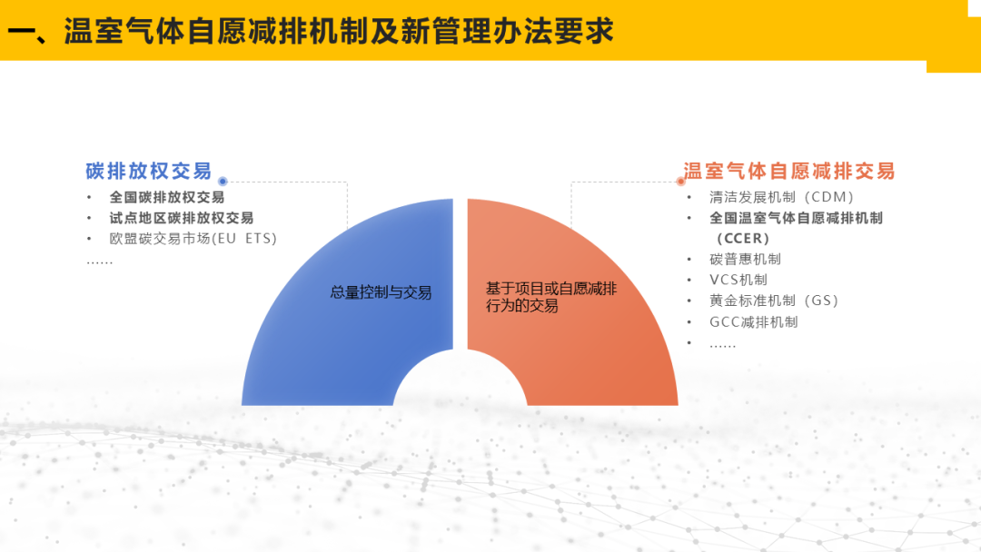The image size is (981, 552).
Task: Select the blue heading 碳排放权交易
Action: pyautogui.click(x=149, y=171)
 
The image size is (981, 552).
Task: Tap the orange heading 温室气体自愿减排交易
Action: pyautogui.click(x=789, y=171)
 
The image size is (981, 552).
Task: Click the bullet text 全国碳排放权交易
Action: pyautogui.click(x=167, y=198)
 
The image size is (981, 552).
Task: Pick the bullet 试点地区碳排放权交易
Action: pyautogui.click(x=182, y=218)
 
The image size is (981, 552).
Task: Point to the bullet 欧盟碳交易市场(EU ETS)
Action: pyautogui.click(x=193, y=239)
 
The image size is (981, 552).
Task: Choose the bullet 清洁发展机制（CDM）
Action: pyautogui.click(x=782, y=198)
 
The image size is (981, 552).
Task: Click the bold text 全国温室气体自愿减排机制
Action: pyautogui.click(x=796, y=218)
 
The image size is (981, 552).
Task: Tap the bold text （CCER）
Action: pyautogui.click(x=743, y=239)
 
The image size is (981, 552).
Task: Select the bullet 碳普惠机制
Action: pyautogui.click(x=745, y=260)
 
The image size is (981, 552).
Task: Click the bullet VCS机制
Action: pyautogui.click(x=738, y=280)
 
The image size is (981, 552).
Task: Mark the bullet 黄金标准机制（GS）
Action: pyautogui.click(x=774, y=301)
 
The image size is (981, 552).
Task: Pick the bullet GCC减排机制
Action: pyautogui.click(x=754, y=322)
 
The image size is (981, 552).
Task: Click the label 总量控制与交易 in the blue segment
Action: pyautogui.click(x=381, y=292)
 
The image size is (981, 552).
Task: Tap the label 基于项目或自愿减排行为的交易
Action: pyautogui.click(x=551, y=297)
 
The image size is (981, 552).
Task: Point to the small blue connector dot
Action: pyautogui.click(x=223, y=182)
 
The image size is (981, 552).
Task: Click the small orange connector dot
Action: pyautogui.click(x=681, y=182)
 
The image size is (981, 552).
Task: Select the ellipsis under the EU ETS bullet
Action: pyautogui.click(x=100, y=263)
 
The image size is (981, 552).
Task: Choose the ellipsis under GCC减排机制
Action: pyautogui.click(x=723, y=345)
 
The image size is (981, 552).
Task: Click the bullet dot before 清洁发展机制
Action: pyautogui.click(x=689, y=198)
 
